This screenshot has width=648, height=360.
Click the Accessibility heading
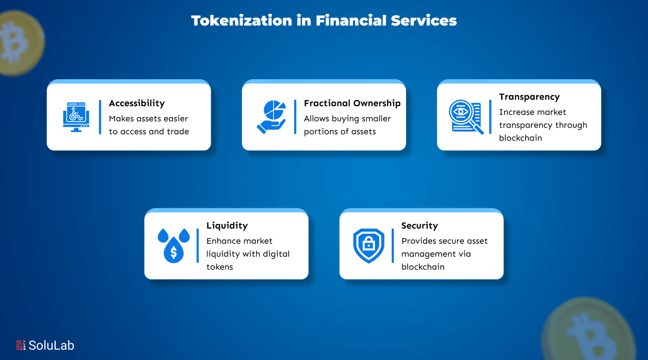coord(137,103)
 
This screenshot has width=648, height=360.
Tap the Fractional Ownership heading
coord(352,103)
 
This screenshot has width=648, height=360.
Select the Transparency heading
coord(529,97)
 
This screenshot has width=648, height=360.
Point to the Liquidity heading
coord(227,226)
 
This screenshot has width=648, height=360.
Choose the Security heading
coord(420,226)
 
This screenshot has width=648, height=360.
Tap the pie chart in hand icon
coord(271,117)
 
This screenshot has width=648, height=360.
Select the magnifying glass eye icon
coord(465,116)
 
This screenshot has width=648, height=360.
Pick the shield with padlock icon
coord(369,245)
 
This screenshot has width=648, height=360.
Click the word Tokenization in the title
coord(241,21)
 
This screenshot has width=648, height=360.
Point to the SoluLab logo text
coord(51,345)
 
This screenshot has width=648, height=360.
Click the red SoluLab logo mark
coord(21,345)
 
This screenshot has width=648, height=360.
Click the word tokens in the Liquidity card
coord(219,267)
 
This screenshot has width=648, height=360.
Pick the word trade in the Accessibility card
coord(178,132)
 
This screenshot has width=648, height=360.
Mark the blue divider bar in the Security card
coord(392,245)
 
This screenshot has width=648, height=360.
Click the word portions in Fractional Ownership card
coord(320,132)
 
